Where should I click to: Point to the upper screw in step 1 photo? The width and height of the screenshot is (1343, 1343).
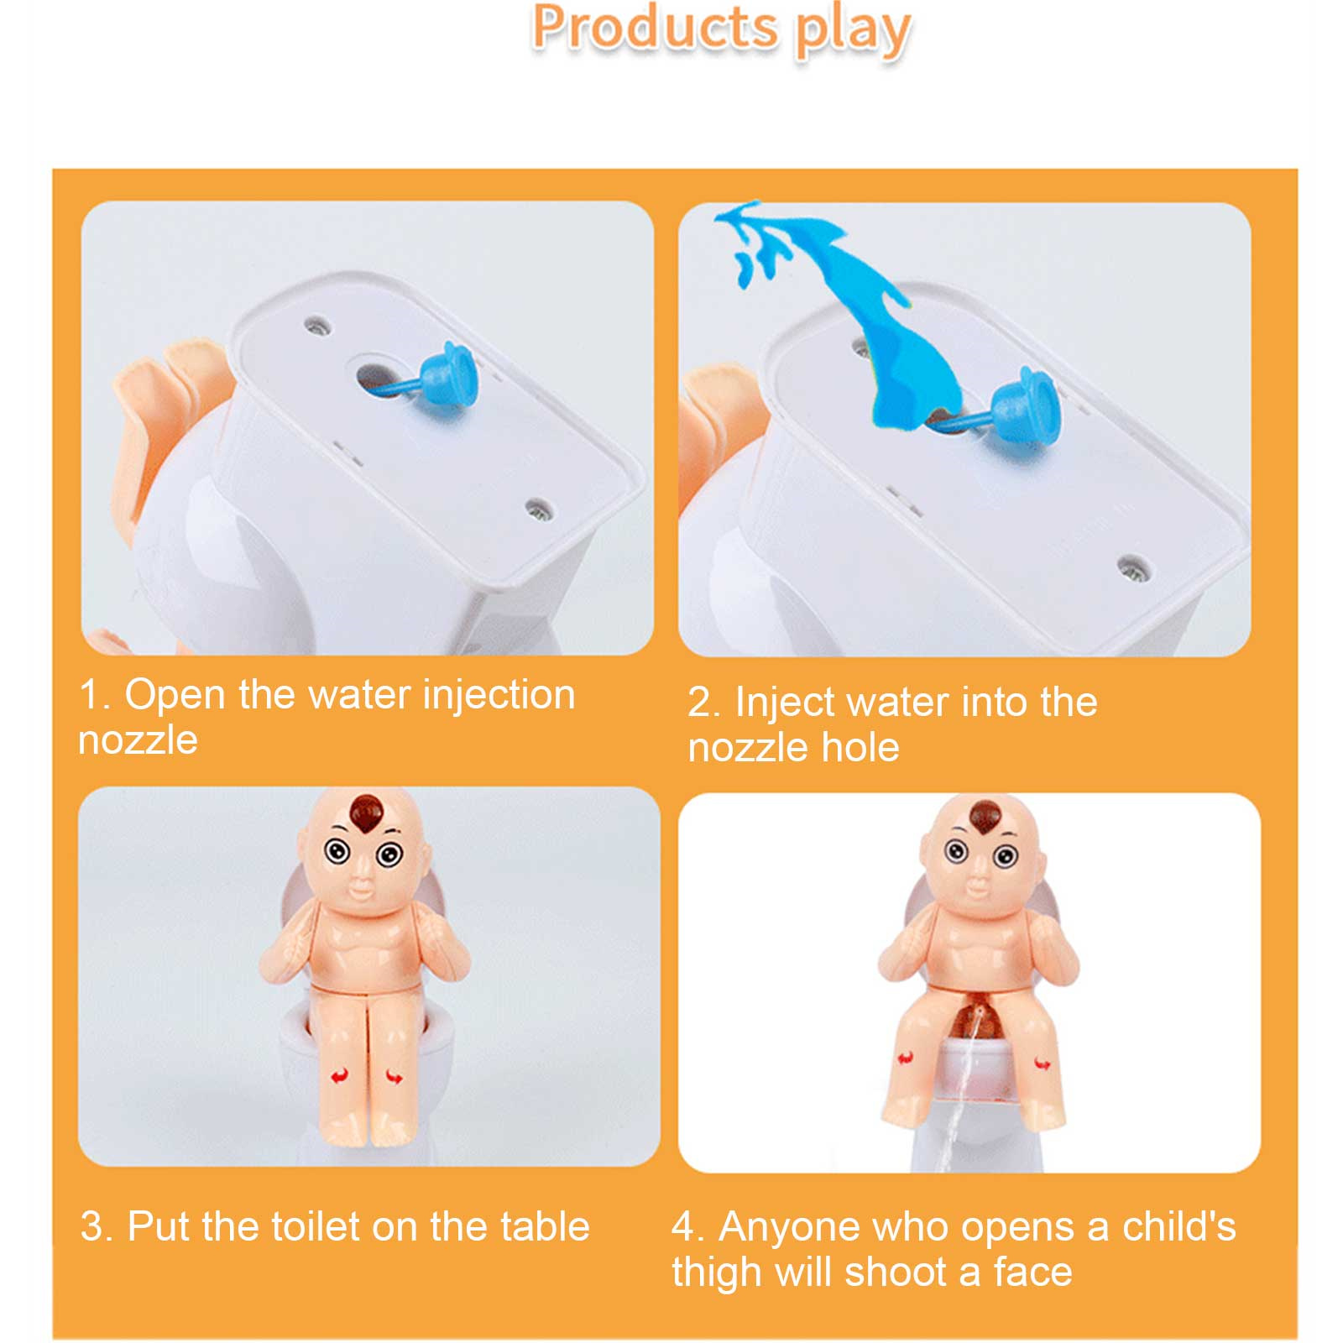point(317,325)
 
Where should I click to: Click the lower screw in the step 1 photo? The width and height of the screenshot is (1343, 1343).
point(538,507)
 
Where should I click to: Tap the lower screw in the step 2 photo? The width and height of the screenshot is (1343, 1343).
point(1133,567)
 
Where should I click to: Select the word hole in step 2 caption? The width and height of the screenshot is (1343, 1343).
point(860,747)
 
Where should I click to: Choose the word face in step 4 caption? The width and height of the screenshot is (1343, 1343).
point(1032,1273)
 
